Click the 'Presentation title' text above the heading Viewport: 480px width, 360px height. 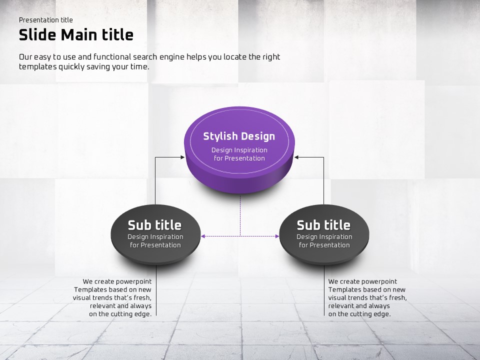(x=46, y=20)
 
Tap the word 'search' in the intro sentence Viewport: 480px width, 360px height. (x=145, y=57)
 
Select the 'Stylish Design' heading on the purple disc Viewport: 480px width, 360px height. (x=239, y=136)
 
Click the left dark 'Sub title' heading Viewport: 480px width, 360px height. (x=154, y=225)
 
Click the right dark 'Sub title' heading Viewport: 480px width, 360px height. (x=323, y=225)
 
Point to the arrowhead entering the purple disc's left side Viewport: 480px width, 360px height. (x=182, y=157)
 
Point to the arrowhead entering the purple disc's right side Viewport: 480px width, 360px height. (x=296, y=157)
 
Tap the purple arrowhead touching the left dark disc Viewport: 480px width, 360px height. (x=203, y=236)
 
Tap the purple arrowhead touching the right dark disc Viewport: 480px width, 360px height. (x=277, y=236)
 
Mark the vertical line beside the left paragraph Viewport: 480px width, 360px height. (x=156, y=290)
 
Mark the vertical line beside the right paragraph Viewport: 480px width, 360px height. (x=324, y=290)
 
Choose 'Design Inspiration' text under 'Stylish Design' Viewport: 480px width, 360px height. (x=239, y=150)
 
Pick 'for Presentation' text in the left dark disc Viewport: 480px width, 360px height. (x=155, y=245)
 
